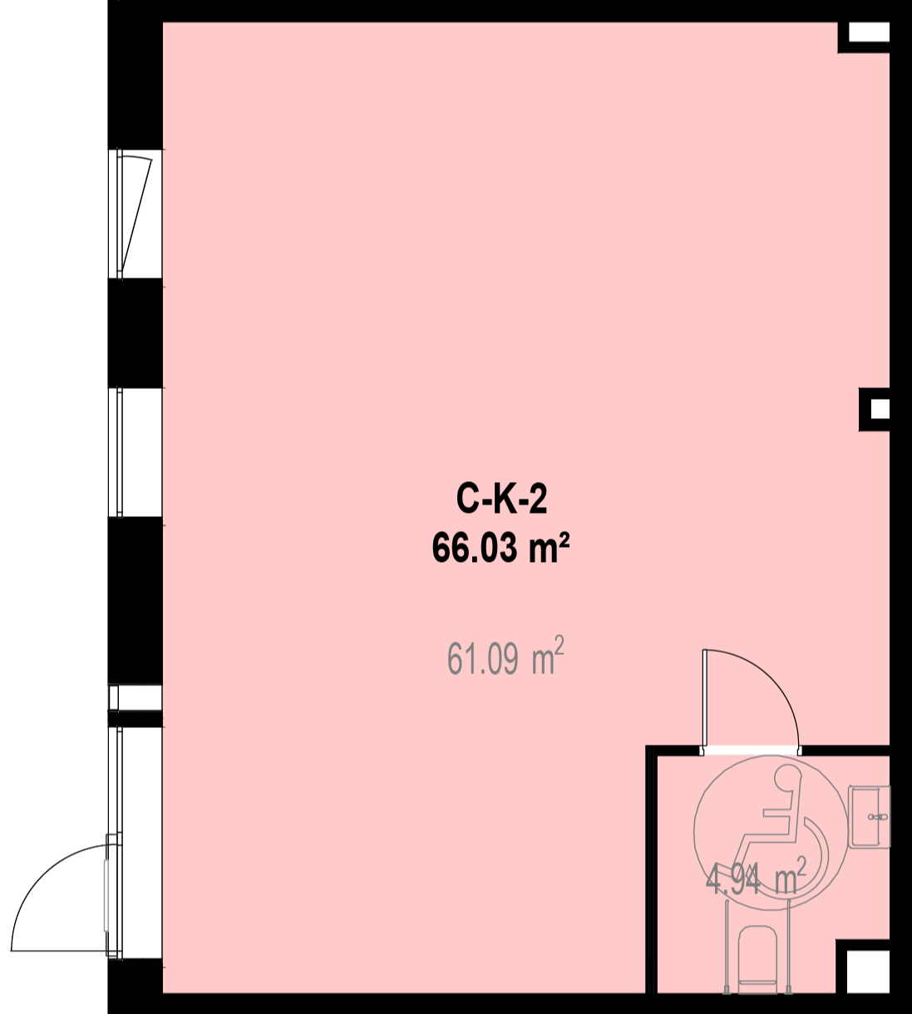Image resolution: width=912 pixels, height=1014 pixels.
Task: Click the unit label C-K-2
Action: pos(501,500)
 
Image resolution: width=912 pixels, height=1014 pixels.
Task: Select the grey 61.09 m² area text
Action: pos(505,658)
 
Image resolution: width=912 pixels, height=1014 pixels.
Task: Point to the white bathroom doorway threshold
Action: pos(752,751)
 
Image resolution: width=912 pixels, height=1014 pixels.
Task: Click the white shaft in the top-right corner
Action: pos(869,33)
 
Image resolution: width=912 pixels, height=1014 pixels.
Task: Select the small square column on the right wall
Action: pos(875,409)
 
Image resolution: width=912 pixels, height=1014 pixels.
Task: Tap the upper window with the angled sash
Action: pos(135,214)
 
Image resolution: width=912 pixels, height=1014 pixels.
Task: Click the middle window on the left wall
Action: pos(135,452)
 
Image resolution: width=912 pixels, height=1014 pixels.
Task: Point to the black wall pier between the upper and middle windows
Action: pos(135,332)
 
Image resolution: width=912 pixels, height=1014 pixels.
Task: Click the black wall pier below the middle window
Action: pos(135,601)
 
